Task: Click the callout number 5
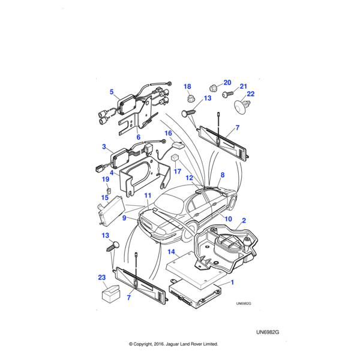[112, 92]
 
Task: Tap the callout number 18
[187, 86]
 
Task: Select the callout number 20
[227, 82]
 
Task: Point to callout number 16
[169, 133]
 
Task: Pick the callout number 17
[177, 171]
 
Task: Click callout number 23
[101, 277]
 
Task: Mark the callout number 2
[244, 220]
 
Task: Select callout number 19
[105, 179]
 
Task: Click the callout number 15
[104, 197]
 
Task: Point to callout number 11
[148, 196]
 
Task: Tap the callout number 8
[223, 175]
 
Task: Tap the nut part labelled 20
[214, 87]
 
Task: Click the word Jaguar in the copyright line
[171, 344]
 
